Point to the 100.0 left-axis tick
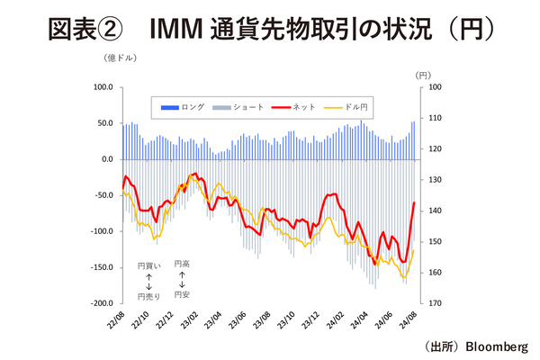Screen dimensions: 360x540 pyautogui.click(x=103, y=87)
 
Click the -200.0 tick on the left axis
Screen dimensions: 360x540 pyautogui.click(x=100, y=303)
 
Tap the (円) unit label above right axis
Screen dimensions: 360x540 pyautogui.click(x=424, y=75)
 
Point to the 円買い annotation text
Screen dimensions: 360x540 pyautogui.click(x=149, y=266)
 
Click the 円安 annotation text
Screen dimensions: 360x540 pyautogui.click(x=183, y=293)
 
